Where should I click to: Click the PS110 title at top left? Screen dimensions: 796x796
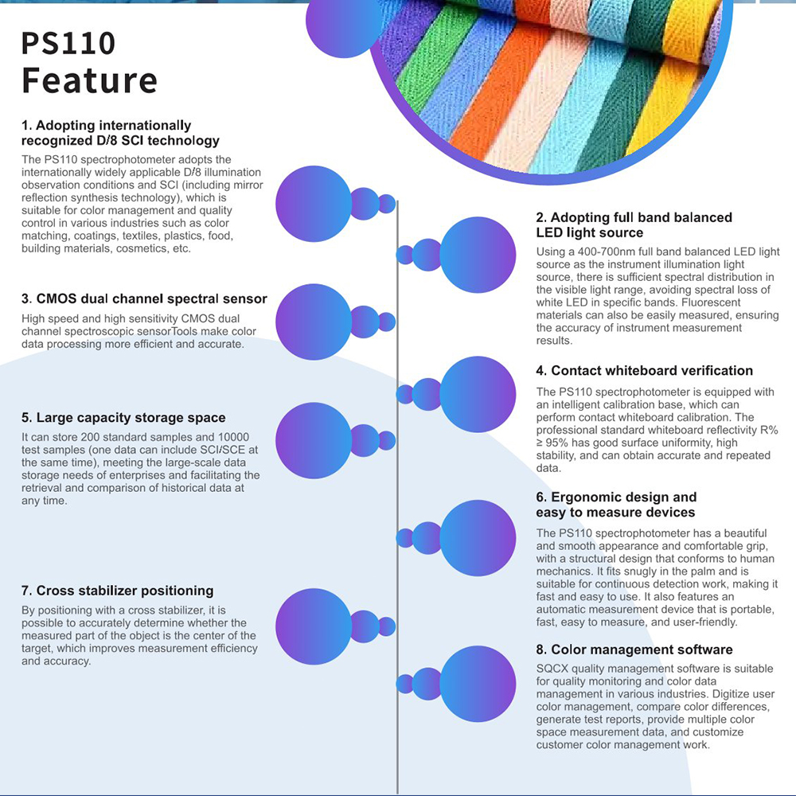[68, 43]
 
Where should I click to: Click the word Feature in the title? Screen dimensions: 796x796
[90, 80]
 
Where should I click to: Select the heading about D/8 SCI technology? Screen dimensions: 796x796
[120, 133]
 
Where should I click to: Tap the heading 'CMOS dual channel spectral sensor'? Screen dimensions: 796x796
[144, 298]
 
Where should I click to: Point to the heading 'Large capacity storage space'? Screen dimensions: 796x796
[123, 418]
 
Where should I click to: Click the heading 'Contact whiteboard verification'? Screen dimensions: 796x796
[644, 371]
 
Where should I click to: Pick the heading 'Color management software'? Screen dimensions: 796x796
[634, 650]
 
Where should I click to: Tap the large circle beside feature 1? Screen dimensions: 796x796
[314, 204]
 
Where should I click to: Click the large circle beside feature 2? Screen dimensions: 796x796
[478, 255]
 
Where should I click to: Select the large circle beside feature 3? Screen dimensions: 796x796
[314, 322]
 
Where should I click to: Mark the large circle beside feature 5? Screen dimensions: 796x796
[314, 441]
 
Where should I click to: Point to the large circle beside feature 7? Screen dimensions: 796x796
[314, 627]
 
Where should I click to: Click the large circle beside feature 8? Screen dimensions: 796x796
[478, 684]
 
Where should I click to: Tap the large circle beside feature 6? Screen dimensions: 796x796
[478, 538]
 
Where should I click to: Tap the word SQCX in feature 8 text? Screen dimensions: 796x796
[552, 669]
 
